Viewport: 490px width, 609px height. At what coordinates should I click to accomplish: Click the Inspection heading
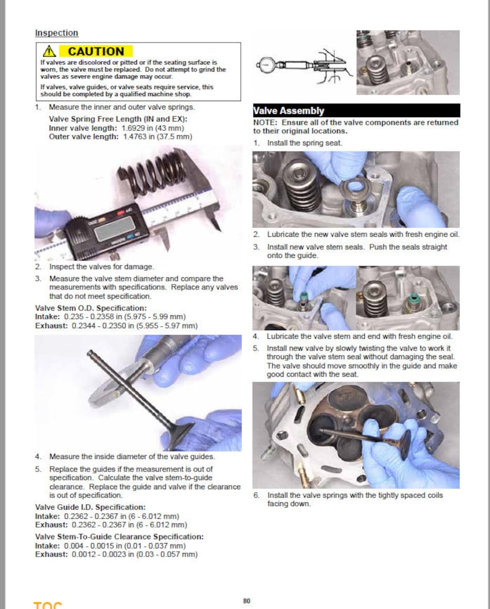[56, 33]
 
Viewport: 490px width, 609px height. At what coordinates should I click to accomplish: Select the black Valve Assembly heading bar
[356, 111]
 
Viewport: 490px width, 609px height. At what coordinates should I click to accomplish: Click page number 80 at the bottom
[247, 600]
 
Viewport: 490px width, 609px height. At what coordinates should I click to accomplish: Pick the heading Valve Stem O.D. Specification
[91, 308]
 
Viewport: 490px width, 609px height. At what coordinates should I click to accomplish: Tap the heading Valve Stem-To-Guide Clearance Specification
[119, 537]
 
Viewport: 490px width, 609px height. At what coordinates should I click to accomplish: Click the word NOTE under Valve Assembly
[267, 122]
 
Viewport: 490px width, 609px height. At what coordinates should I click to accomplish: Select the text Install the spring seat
[305, 143]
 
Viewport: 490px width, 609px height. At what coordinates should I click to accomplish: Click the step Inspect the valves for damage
[101, 267]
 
